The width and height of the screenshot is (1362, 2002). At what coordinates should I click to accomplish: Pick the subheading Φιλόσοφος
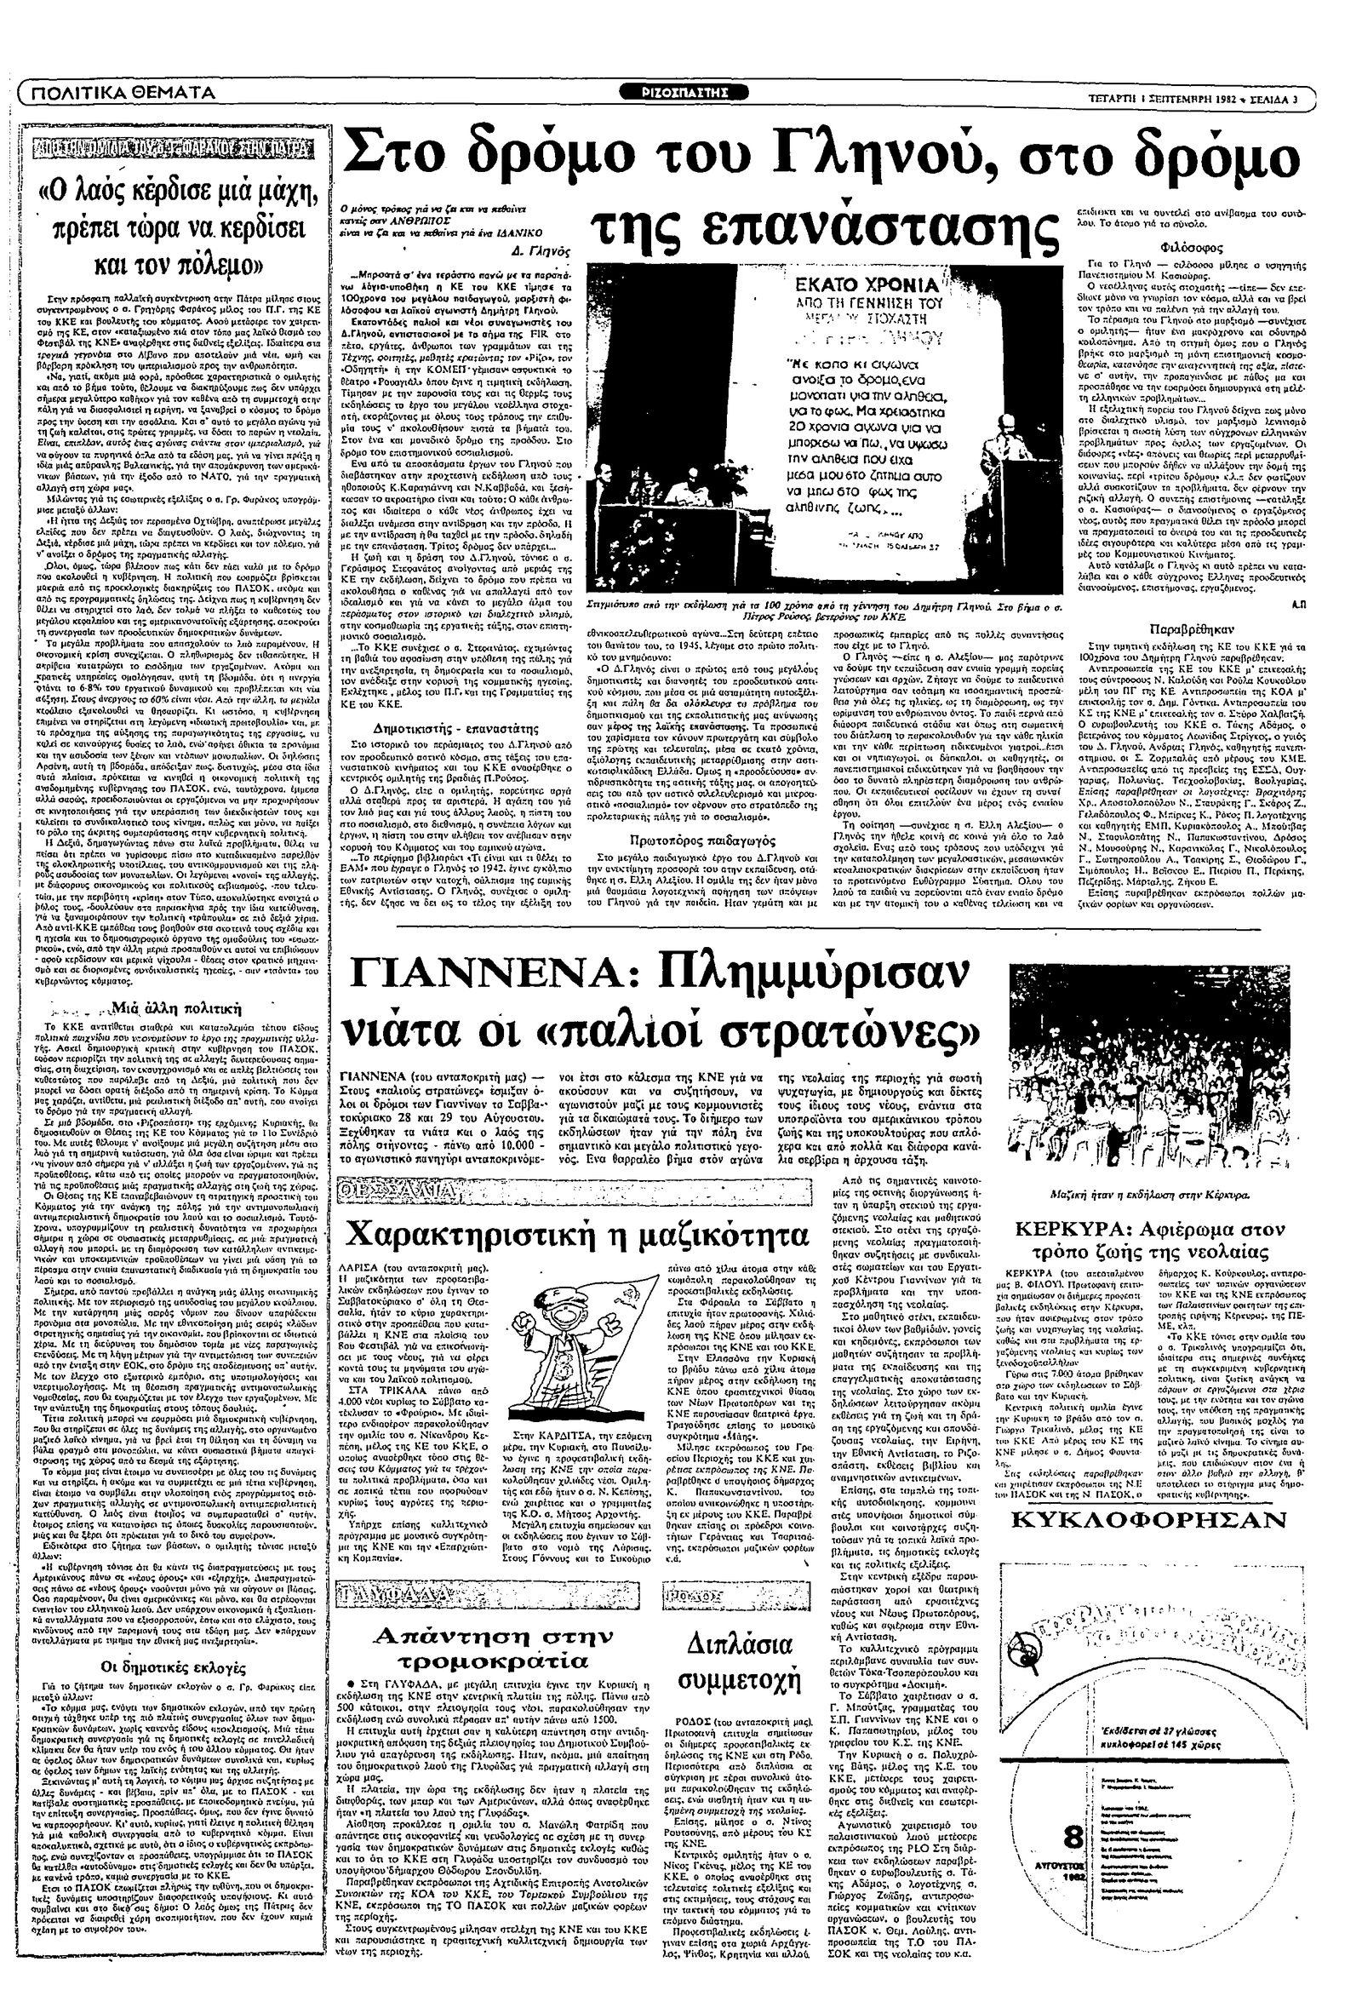tap(1187, 244)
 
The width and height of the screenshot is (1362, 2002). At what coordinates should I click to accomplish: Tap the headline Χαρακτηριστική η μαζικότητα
tap(576, 1234)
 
